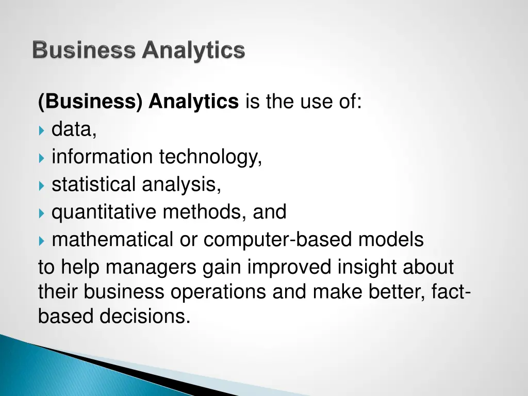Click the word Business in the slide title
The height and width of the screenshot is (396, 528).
pos(84,51)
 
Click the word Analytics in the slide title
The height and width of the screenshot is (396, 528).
pos(194,51)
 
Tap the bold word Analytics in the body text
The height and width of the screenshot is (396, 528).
pos(194,102)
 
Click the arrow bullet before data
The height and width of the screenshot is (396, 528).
pos(42,130)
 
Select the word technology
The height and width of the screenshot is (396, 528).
pos(210,157)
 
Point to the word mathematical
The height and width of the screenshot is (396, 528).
pos(112,240)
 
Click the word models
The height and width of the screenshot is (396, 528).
pos(391,240)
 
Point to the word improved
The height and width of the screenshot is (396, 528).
pos(290,268)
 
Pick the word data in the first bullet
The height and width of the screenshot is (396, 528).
pos(74,130)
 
